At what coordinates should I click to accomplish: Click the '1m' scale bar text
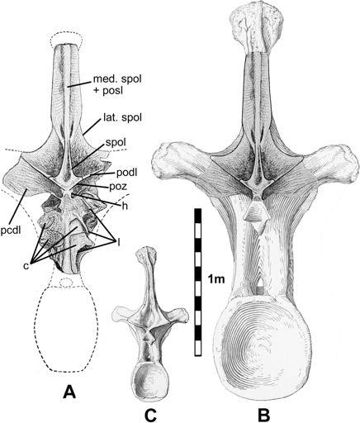click(x=216, y=280)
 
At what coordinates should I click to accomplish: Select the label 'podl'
click(x=126, y=173)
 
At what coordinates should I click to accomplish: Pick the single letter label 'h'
click(x=125, y=207)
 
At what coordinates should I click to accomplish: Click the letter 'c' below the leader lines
click(x=26, y=266)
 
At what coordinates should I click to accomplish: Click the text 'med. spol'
click(x=117, y=79)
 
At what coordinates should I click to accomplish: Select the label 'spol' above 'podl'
click(x=116, y=143)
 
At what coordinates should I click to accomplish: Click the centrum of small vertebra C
click(x=149, y=379)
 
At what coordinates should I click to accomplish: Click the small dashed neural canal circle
click(x=65, y=283)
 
